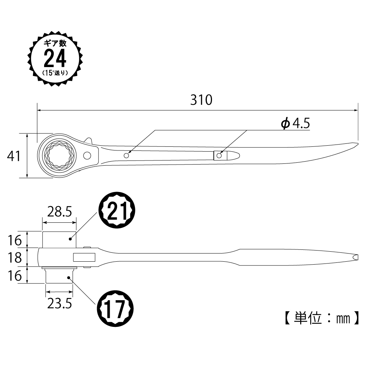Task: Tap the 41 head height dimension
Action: click(14, 156)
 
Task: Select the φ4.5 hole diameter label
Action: click(295, 123)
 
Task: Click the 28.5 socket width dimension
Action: click(59, 212)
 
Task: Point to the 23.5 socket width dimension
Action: click(59, 303)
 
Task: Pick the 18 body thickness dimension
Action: click(15, 258)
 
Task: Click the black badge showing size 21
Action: click(117, 210)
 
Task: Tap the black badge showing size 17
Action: click(115, 309)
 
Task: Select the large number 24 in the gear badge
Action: click(55, 59)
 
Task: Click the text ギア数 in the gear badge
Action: click(55, 43)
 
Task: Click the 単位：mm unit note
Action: click(322, 318)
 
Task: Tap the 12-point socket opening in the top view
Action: click(59, 156)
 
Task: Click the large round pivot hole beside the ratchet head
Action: click(87, 156)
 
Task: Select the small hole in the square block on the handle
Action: click(219, 156)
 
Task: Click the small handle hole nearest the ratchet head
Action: click(126, 155)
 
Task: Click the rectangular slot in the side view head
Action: click(84, 258)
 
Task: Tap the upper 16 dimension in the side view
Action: click(15, 241)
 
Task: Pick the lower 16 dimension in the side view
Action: click(15, 276)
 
